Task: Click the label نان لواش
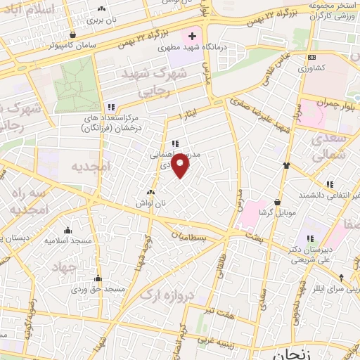[150, 203]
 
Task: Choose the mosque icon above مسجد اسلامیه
[67, 230]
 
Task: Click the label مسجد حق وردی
[101, 288]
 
